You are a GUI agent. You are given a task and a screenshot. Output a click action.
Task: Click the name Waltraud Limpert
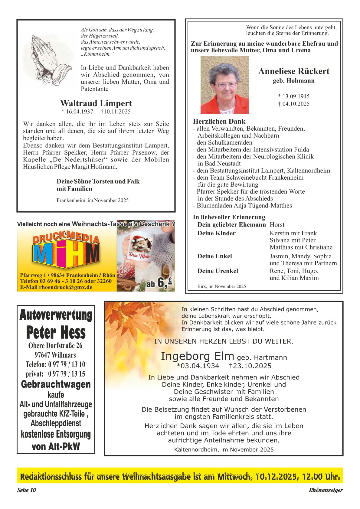96,103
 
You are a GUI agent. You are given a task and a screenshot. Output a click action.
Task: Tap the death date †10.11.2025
116,112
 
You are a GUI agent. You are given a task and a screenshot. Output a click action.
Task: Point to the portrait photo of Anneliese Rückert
224,85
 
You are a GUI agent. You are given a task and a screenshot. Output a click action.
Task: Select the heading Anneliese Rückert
293,71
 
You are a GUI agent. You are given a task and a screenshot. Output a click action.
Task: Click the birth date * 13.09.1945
293,96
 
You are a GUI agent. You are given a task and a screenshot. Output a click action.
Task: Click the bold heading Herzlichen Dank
219,122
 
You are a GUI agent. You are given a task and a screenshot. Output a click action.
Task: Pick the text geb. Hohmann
293,81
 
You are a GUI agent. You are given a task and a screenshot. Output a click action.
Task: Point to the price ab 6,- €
159,283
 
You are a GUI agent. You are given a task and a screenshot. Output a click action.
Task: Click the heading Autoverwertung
56,315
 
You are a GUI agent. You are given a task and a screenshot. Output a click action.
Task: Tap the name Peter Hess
56,332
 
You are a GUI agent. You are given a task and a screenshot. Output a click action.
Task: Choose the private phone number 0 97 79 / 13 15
67,374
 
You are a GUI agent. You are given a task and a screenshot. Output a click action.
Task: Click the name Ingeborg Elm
197,356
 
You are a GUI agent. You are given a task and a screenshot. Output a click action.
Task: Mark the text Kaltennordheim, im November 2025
224,450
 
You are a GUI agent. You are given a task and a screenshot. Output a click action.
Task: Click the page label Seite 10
27,490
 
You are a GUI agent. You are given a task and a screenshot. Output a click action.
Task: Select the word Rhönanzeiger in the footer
326,490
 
